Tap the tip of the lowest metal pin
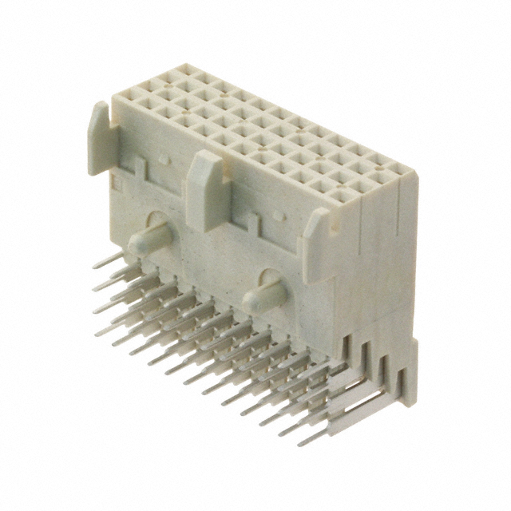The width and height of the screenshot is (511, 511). tap(303, 442)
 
